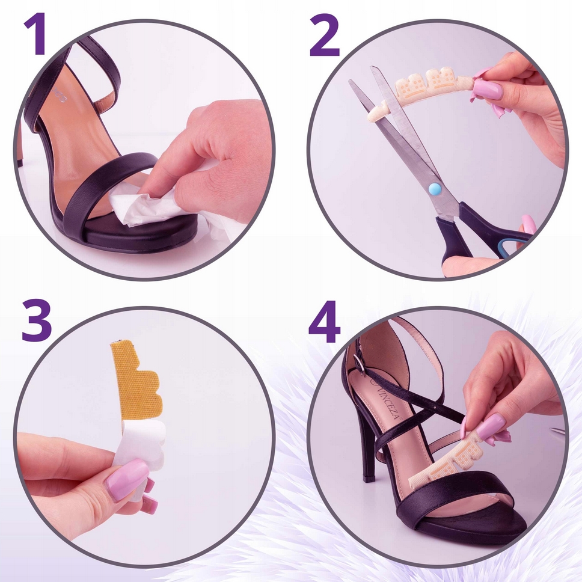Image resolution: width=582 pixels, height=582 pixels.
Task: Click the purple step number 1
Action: click(36, 34)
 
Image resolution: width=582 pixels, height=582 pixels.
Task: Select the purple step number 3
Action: click(36, 320)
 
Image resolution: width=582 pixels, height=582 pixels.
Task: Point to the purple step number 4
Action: click(324, 322)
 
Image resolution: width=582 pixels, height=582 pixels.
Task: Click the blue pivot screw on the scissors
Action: click(433, 189)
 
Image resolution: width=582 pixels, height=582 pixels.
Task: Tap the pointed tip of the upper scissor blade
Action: click(372, 68)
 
